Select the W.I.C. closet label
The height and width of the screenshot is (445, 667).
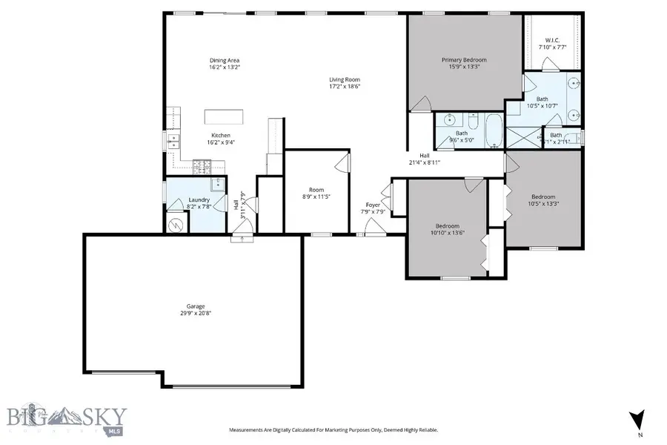pyautogui.click(x=552, y=40)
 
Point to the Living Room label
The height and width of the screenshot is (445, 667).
pyautogui.click(x=345, y=79)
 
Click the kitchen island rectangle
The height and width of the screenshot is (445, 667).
pyautogui.click(x=225, y=116)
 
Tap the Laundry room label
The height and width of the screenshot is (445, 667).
pyautogui.click(x=199, y=200)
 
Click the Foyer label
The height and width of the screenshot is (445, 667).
pyautogui.click(x=374, y=205)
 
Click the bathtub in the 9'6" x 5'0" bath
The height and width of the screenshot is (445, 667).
pyautogui.click(x=492, y=131)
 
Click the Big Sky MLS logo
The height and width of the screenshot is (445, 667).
pyautogui.click(x=67, y=418)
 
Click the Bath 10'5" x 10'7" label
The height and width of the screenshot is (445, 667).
pyautogui.click(x=542, y=102)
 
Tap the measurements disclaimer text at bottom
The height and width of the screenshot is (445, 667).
pyautogui.click(x=333, y=429)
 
